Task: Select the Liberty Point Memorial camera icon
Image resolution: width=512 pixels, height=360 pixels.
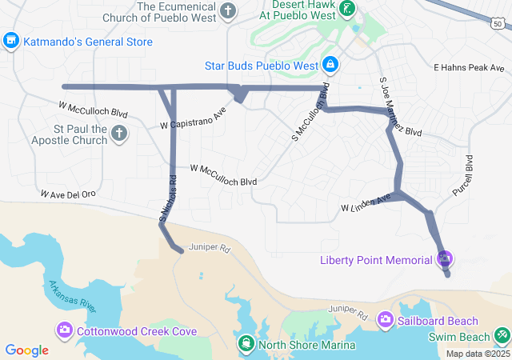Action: coord(445,259)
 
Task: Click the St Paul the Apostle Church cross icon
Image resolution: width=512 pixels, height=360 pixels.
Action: coord(119,133)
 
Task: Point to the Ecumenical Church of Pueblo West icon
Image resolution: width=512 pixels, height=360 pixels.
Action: coord(228,11)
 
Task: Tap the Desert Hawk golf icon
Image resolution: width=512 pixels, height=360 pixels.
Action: coord(346,10)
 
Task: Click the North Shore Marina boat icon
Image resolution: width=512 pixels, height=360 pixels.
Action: coord(246,344)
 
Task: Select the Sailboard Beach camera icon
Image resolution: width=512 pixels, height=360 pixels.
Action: coord(385,320)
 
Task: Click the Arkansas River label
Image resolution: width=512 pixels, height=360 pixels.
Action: coord(72,297)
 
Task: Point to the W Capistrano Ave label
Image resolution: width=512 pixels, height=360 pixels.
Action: coord(194,118)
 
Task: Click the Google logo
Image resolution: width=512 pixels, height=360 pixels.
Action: coord(27,350)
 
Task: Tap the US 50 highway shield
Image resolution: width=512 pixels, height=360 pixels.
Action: coord(498,24)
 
